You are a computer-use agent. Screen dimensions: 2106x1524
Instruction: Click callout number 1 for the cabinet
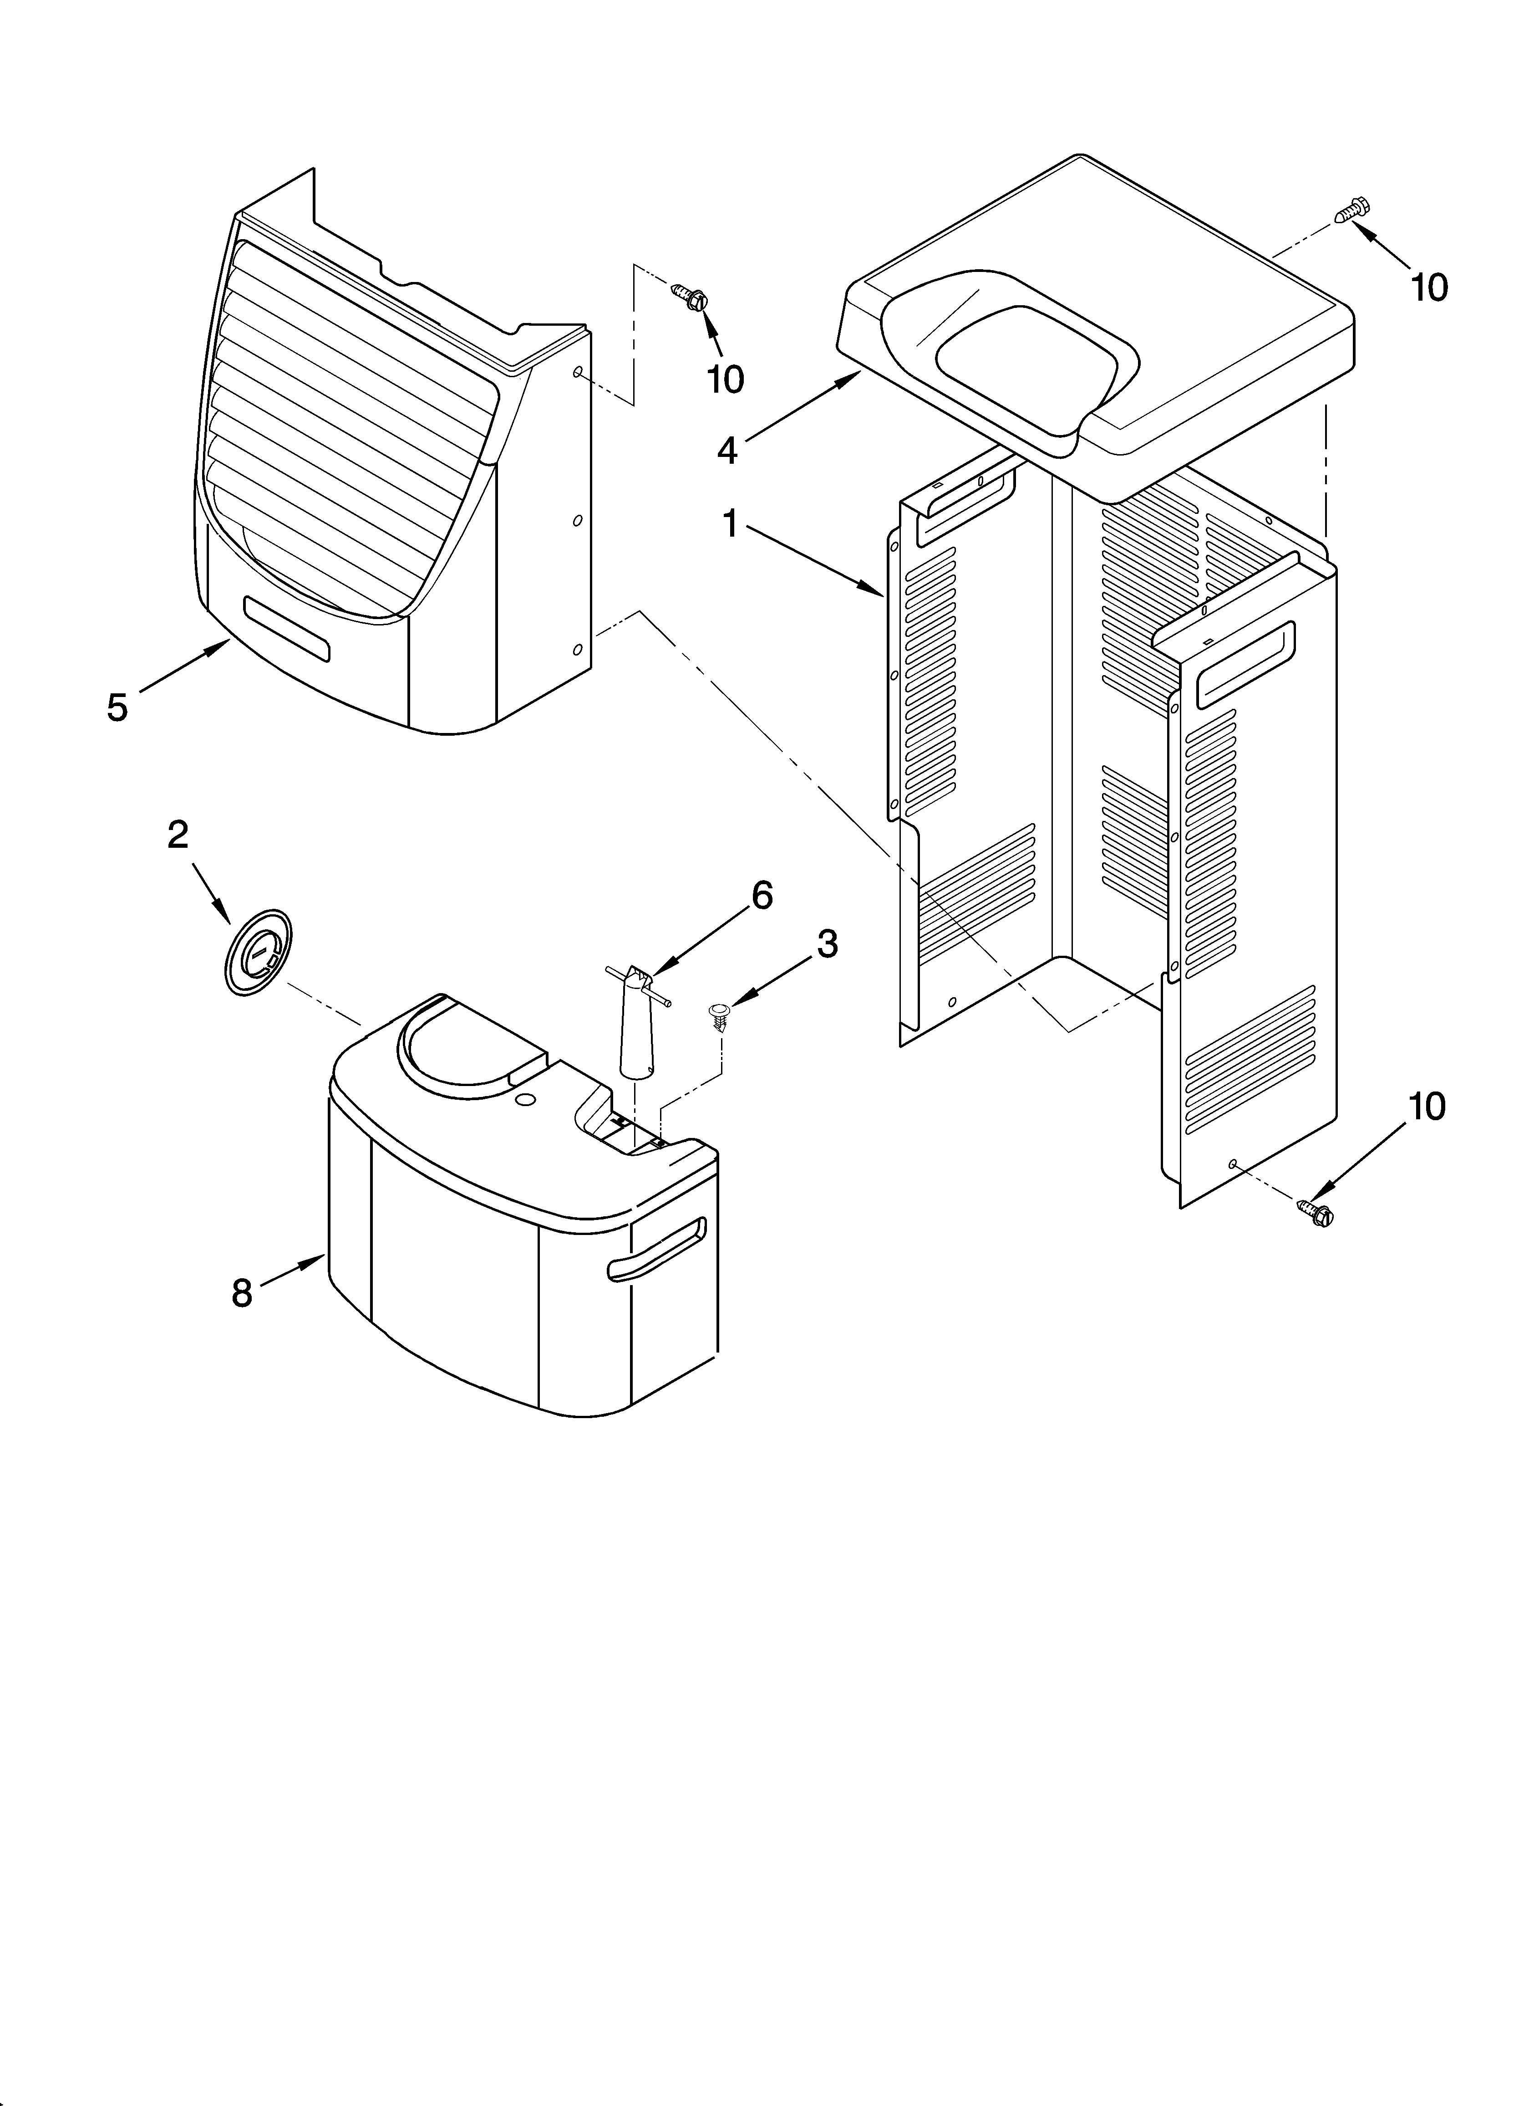click(731, 525)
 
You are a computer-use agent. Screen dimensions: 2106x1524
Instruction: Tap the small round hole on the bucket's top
click(524, 1100)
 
